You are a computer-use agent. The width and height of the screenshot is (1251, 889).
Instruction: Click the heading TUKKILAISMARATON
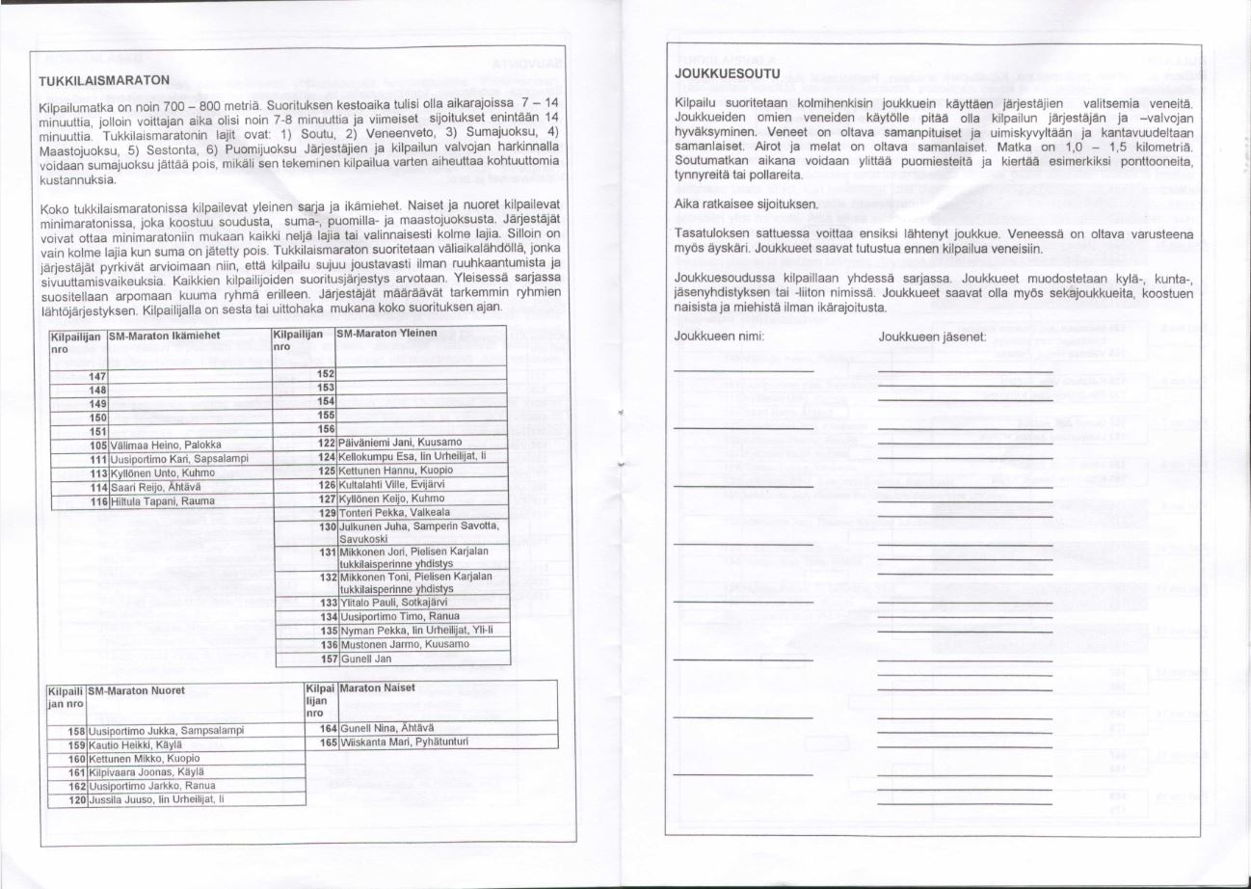[104, 79]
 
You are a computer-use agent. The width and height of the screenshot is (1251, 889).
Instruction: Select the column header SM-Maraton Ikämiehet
[165, 334]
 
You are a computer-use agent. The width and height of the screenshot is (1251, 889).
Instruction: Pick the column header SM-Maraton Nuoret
[135, 690]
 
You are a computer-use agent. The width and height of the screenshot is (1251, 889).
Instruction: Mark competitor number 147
[96, 375]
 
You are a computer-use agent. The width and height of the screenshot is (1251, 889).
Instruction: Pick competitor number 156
[326, 428]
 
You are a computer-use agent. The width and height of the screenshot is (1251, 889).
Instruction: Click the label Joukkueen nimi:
[719, 337]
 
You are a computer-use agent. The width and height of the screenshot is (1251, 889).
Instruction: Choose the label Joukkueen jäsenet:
[931, 337]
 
